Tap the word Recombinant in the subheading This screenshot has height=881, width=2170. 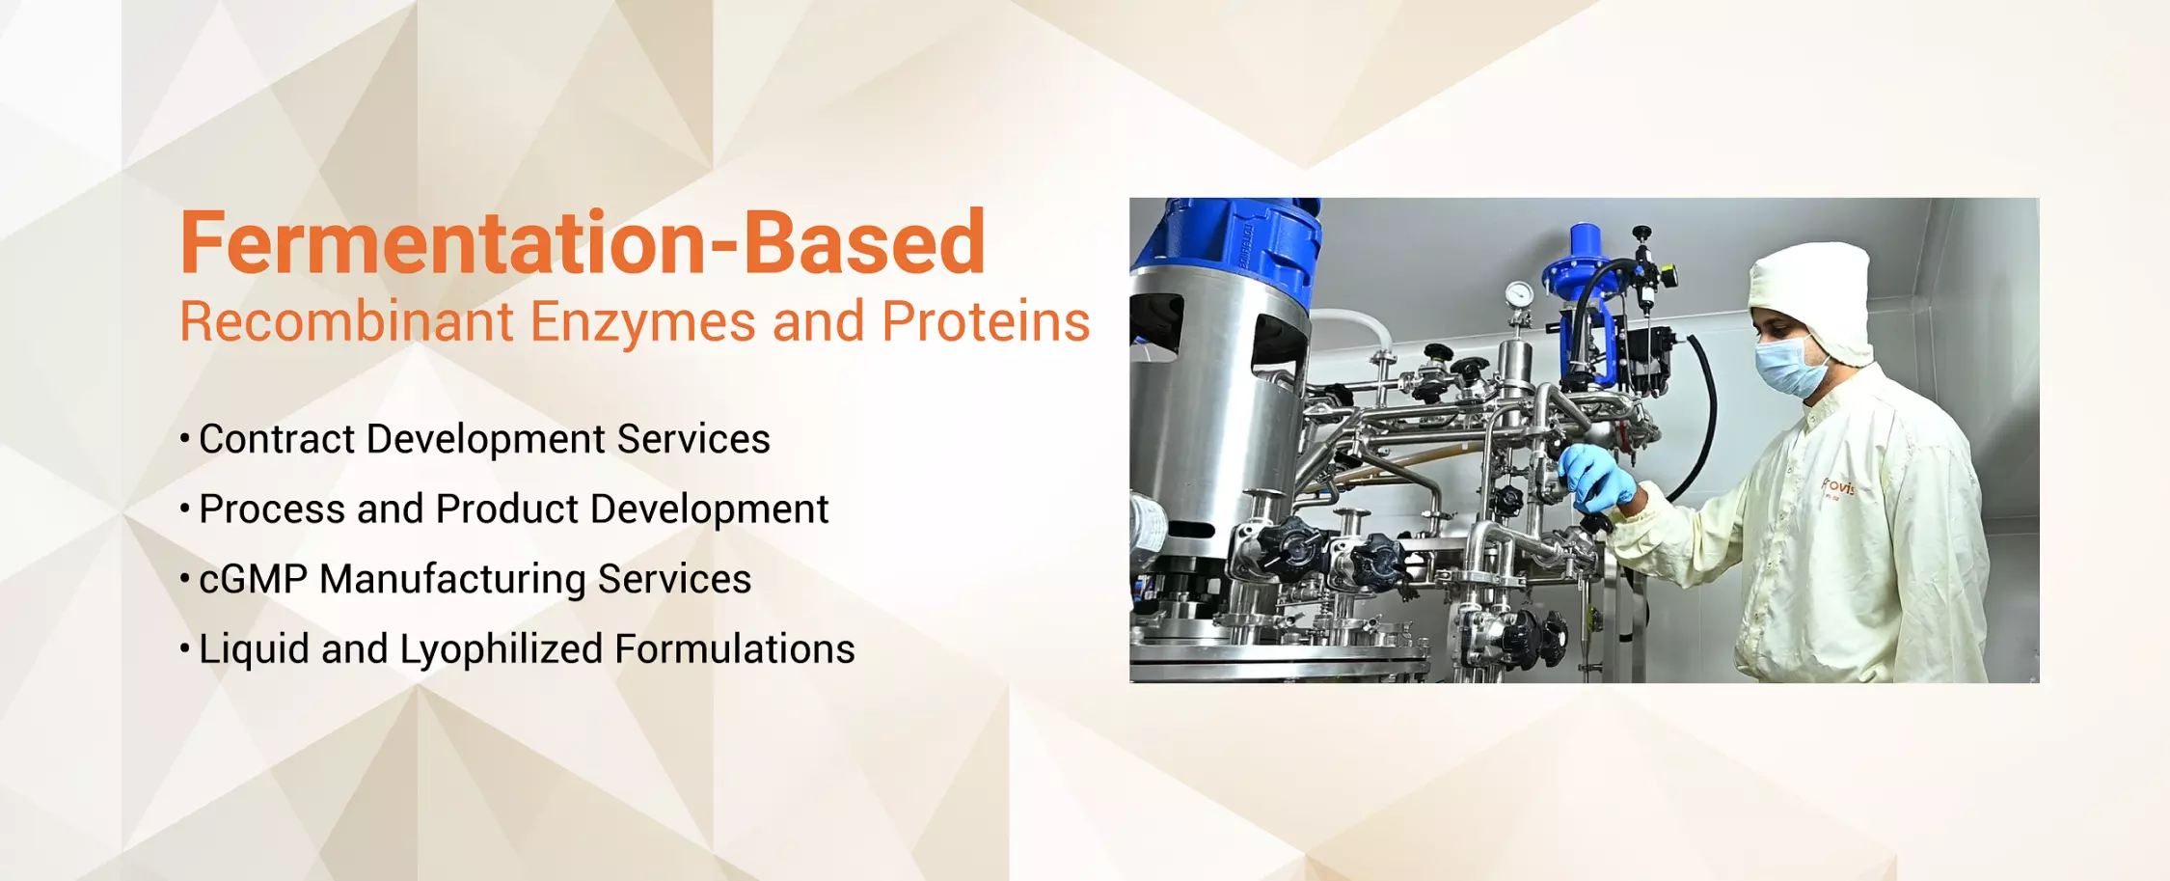(x=347, y=321)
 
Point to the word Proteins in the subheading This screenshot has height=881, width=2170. (x=986, y=321)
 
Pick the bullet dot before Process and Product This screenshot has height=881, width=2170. (x=184, y=508)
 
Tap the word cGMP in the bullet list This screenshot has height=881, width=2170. (x=253, y=579)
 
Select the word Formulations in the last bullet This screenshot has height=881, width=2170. (x=735, y=649)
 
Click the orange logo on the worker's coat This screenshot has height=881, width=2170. (x=1837, y=486)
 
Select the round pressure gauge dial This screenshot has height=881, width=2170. (x=1519, y=293)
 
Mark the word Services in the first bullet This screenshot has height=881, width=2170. (x=693, y=439)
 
